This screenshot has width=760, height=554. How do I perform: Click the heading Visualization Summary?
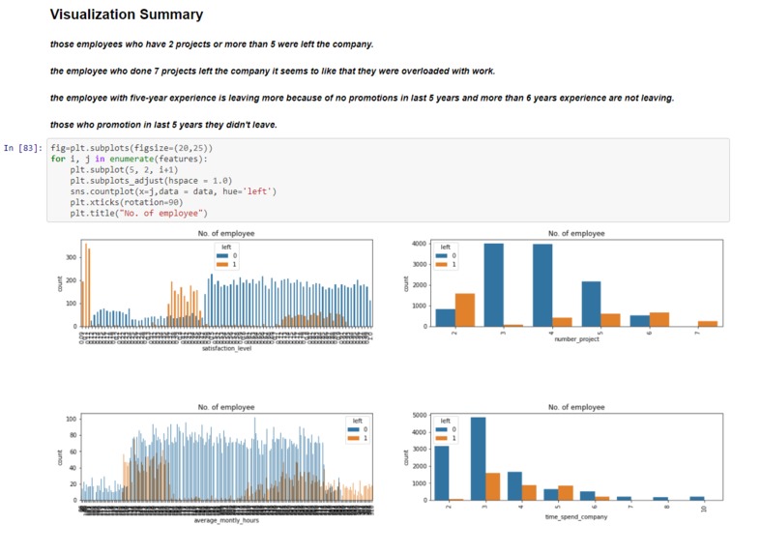[126, 15]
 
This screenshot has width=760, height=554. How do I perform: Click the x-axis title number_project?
[575, 339]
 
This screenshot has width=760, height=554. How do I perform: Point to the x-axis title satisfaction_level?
[227, 361]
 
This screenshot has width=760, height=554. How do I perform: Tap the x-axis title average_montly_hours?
[227, 520]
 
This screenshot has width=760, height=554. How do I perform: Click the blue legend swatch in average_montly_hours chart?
[352, 429]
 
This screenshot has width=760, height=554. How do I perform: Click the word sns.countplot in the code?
[102, 191]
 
